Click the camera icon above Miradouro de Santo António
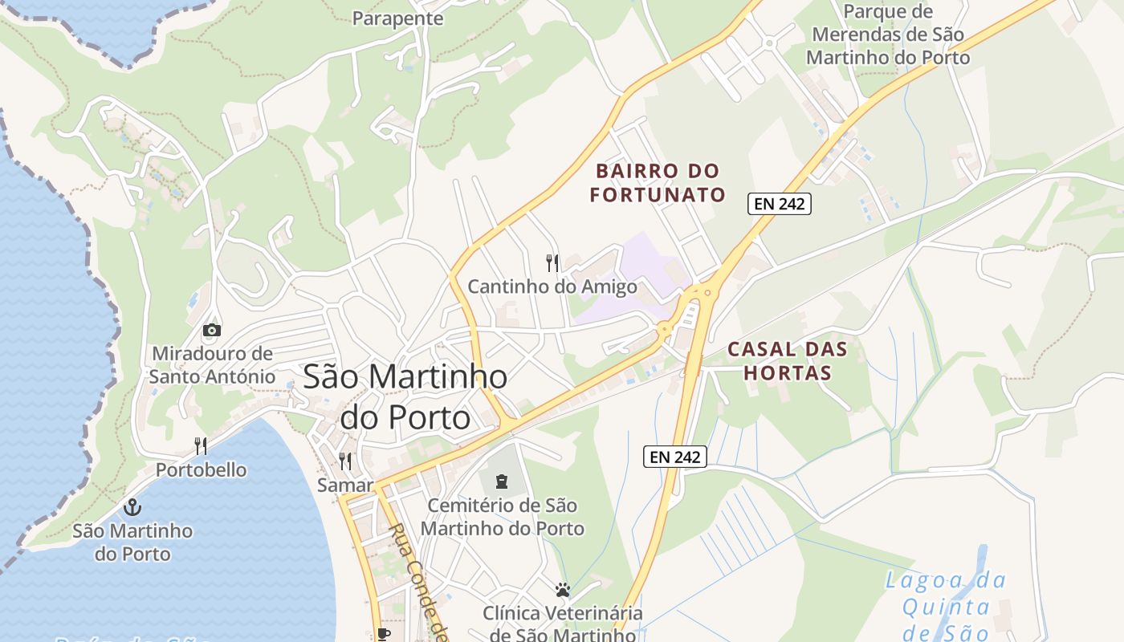(212, 330)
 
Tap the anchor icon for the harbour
(132, 506)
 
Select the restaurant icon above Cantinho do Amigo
(552, 262)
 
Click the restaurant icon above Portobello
(201, 446)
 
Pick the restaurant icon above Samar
(345, 461)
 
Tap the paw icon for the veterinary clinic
(563, 590)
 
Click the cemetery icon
(502, 481)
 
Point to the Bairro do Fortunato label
(658, 183)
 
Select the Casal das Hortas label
(788, 361)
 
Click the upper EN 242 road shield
(780, 204)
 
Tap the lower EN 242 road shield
(675, 457)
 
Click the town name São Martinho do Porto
(405, 397)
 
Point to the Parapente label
(397, 18)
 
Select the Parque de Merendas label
(888, 35)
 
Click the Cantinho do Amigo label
(552, 286)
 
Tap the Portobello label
(201, 469)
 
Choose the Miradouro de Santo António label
(212, 364)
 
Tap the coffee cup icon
(384, 634)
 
